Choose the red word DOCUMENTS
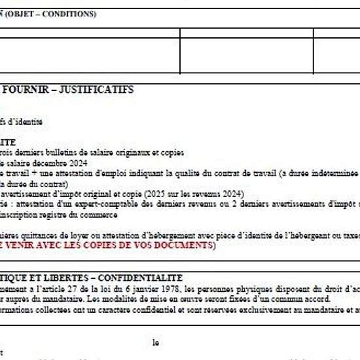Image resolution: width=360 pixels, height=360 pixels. click(185, 245)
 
